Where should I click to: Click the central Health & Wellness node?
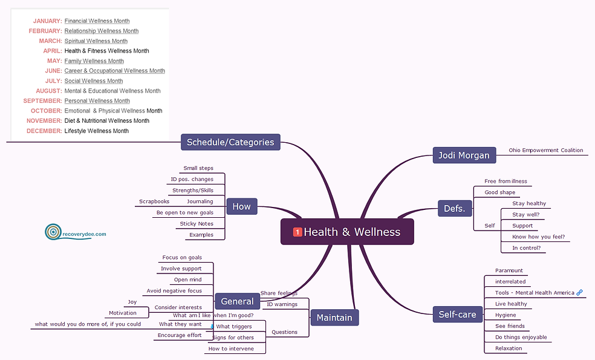click(347, 232)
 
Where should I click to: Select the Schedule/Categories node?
click(230, 143)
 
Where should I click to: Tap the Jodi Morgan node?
click(464, 155)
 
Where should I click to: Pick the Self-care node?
click(458, 314)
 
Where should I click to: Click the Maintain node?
click(334, 318)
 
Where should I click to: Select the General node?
click(237, 301)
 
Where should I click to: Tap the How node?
click(241, 207)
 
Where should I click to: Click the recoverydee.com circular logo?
click(53, 231)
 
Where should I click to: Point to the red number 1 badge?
click(297, 232)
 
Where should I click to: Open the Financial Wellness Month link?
click(97, 21)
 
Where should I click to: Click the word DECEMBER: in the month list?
click(44, 131)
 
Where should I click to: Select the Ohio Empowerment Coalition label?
click(546, 150)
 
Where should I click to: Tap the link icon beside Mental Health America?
click(579, 293)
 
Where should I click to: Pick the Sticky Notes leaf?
click(197, 224)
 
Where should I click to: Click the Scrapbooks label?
click(154, 201)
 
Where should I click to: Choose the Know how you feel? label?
click(538, 237)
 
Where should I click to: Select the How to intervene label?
click(231, 349)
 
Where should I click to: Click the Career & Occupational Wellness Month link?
click(114, 71)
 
